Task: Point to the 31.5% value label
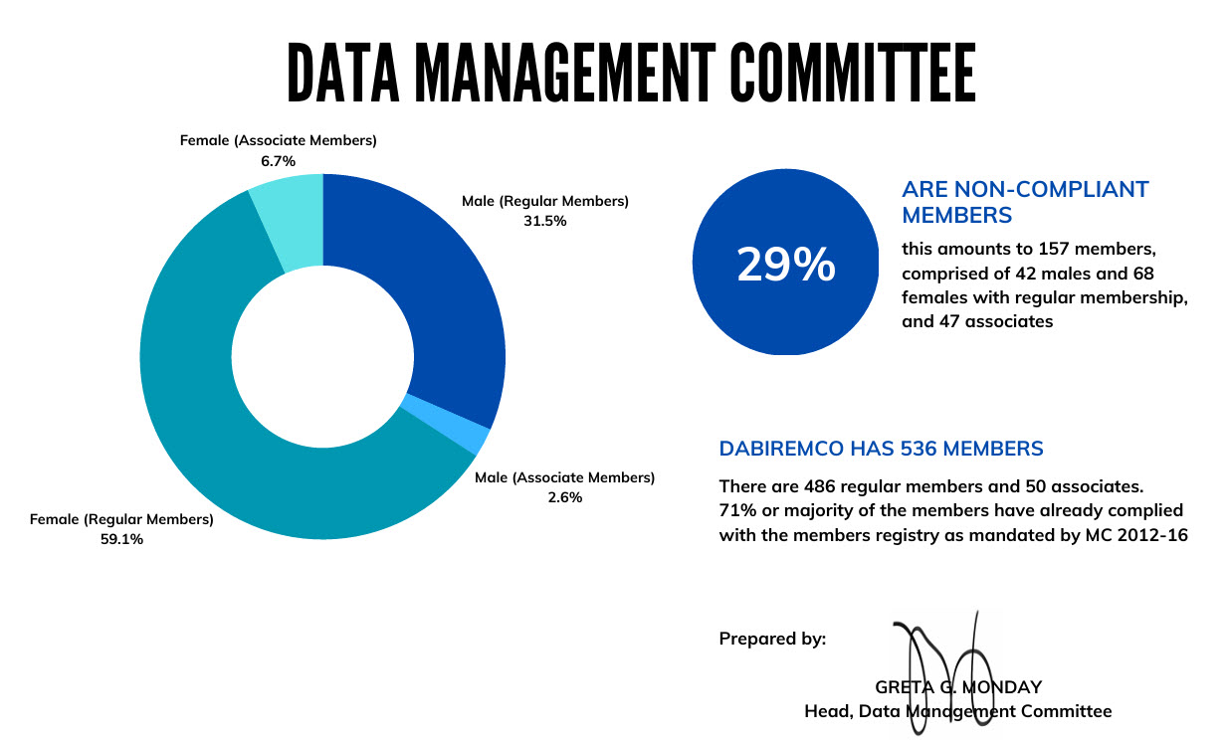coord(544,221)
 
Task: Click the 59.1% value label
coord(120,538)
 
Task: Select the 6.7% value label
coord(278,160)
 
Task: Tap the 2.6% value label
coord(564,496)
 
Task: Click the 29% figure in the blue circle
coord(785,266)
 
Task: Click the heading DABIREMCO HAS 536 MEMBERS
coord(881,449)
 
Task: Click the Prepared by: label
coord(772,639)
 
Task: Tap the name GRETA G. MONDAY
coord(957,686)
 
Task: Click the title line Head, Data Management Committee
coord(957,710)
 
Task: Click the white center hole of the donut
coord(322,356)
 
